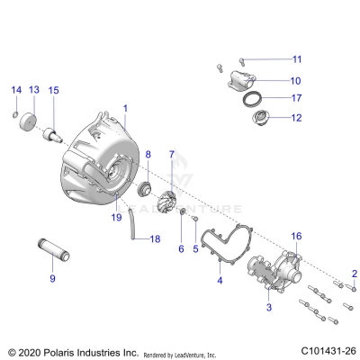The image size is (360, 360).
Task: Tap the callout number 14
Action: coord(14,90)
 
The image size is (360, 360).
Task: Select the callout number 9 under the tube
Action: coord(52,279)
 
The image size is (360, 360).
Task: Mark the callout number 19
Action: coord(115,217)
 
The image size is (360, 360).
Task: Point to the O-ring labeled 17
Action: coord(255,97)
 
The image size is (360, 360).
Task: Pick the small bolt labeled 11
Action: coord(219,67)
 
